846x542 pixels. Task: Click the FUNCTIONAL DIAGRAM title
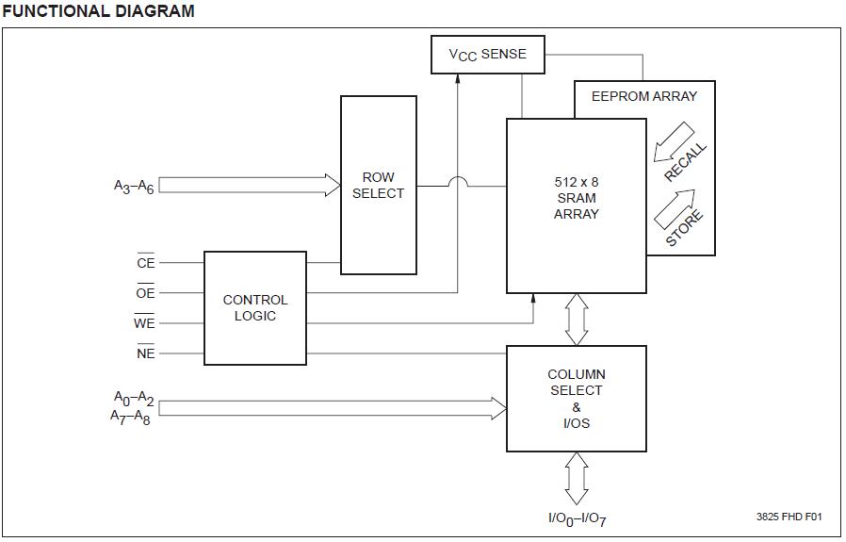click(98, 11)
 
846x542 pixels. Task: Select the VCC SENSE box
click(487, 55)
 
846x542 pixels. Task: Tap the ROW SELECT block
click(378, 185)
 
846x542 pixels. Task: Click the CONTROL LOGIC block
click(255, 307)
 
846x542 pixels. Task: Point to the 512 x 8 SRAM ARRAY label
click(577, 198)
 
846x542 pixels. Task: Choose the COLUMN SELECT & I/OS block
click(577, 399)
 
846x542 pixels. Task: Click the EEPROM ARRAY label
click(644, 96)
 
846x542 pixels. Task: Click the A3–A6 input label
click(134, 187)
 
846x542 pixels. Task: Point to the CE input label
click(145, 263)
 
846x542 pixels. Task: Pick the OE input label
click(145, 293)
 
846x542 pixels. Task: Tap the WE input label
click(144, 323)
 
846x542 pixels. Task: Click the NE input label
click(145, 353)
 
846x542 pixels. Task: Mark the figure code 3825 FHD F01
click(789, 517)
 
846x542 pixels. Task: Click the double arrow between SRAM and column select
click(577, 320)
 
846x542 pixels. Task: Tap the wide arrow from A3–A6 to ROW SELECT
click(250, 185)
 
